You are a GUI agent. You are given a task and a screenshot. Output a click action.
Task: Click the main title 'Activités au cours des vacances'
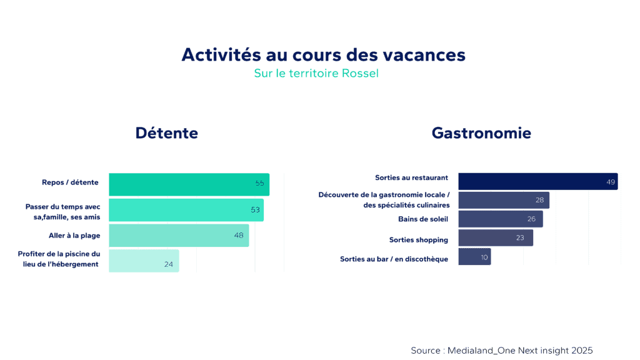(x=323, y=54)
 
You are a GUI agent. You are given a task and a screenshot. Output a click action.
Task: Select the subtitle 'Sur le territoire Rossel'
(x=316, y=73)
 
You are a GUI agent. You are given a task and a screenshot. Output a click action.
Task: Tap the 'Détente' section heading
(x=166, y=133)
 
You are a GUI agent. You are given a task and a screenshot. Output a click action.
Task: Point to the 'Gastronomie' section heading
(x=481, y=133)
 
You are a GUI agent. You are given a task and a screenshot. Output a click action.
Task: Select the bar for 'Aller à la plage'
(x=179, y=236)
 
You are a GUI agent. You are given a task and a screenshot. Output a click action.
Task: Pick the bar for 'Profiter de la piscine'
(x=144, y=261)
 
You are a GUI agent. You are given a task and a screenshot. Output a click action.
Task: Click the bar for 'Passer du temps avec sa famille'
(x=186, y=210)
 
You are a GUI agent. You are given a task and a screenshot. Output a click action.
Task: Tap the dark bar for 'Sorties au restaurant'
(x=537, y=181)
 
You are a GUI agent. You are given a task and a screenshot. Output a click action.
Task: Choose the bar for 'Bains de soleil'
(x=500, y=219)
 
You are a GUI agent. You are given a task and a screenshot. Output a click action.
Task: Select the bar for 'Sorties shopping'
(x=495, y=237)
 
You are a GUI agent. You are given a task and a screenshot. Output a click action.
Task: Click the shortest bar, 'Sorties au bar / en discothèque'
(x=474, y=256)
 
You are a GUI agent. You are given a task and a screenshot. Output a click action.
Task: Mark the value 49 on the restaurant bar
(x=611, y=182)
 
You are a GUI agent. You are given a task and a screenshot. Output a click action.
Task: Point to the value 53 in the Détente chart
(x=255, y=210)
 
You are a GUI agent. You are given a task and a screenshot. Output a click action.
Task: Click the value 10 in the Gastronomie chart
(x=484, y=257)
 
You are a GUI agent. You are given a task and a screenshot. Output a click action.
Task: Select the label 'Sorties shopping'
(x=418, y=239)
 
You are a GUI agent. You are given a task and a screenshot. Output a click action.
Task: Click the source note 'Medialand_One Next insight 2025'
(x=501, y=350)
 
